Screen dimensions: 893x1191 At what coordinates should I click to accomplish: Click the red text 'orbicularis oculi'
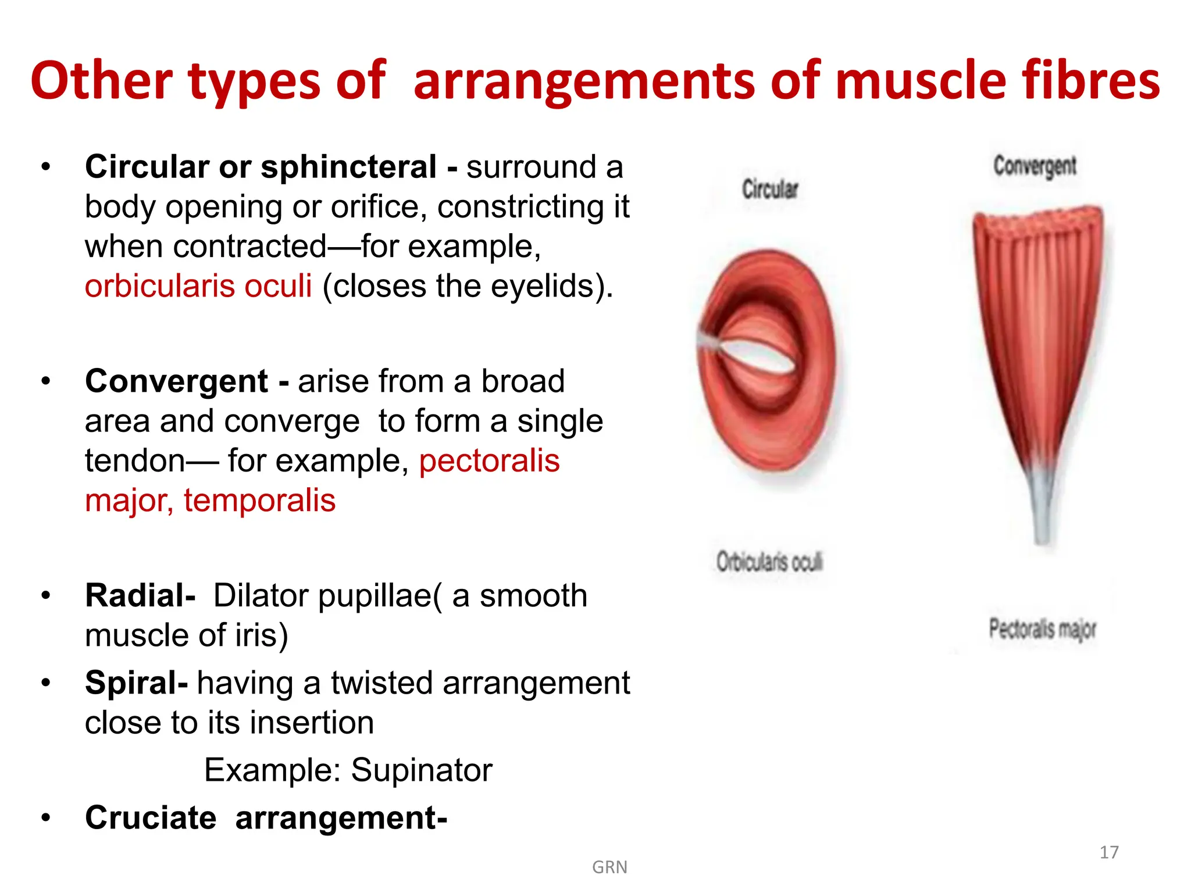[x=198, y=286]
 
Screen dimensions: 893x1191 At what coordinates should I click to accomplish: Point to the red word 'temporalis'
[x=259, y=501]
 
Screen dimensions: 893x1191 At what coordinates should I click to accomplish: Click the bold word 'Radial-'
[x=140, y=595]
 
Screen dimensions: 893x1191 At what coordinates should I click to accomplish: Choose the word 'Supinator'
[x=422, y=770]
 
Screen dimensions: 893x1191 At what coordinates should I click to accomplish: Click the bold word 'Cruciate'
[x=151, y=818]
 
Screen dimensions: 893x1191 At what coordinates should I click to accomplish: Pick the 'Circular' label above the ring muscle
[x=770, y=190]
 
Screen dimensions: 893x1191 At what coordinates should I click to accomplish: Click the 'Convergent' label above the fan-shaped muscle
[x=1035, y=166]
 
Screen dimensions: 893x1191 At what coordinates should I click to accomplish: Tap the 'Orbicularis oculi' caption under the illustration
[x=769, y=562]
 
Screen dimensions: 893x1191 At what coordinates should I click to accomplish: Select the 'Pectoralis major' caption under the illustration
[x=1042, y=629]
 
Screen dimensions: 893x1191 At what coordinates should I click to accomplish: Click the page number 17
[x=1109, y=852]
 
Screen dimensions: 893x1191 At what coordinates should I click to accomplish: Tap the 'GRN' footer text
[x=609, y=867]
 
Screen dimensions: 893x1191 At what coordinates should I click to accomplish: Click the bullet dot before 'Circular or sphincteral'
[x=46, y=167]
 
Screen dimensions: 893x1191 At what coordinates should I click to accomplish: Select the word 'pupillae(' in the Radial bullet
[x=380, y=595]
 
